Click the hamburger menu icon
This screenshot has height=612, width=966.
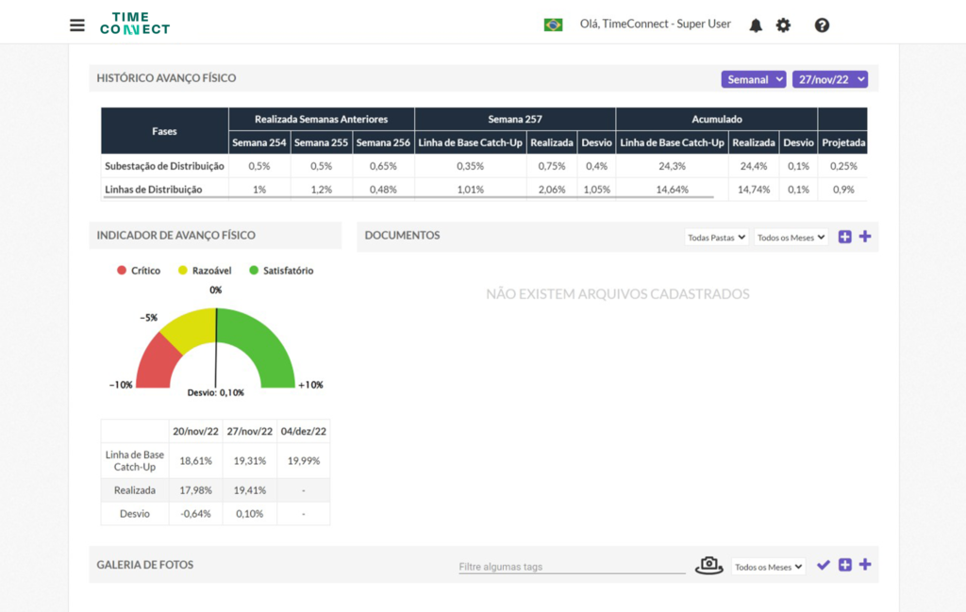point(77,25)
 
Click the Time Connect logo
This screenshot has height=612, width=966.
point(135,24)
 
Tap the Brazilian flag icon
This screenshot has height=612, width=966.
point(553,25)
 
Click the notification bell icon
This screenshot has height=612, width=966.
point(756,25)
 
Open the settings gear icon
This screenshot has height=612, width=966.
point(783,25)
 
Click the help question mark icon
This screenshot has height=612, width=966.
point(822,25)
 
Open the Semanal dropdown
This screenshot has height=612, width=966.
point(754,79)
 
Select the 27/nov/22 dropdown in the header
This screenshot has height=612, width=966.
point(830,79)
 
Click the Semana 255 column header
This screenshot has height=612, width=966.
point(321,142)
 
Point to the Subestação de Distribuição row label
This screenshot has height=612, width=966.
point(164,166)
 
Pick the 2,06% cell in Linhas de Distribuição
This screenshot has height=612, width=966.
point(551,190)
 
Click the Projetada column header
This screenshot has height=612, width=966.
point(843,142)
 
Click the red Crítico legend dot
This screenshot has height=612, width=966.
point(122,271)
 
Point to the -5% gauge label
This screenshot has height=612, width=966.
point(148,318)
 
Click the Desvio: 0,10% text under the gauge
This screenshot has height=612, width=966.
point(216,393)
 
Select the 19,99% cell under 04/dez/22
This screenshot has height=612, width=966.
point(304,460)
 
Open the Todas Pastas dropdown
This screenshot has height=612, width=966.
point(717,237)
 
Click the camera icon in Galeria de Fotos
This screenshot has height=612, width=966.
point(709,565)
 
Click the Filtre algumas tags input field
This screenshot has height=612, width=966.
point(572,567)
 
